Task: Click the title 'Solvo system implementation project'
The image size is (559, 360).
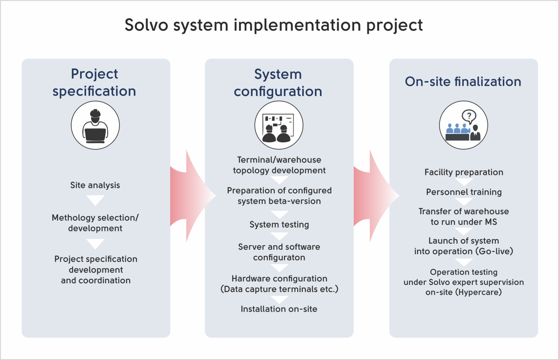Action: (x=274, y=25)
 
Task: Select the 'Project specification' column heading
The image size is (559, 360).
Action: (x=94, y=82)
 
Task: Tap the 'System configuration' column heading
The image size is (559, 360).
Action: (x=278, y=83)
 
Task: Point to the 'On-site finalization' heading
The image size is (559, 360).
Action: (x=463, y=82)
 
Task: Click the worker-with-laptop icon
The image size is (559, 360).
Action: (x=95, y=125)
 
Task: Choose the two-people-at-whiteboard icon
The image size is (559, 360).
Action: (x=279, y=125)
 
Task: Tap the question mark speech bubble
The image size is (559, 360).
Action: (x=469, y=117)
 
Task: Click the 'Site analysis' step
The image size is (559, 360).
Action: (x=95, y=185)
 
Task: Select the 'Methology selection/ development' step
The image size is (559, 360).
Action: (x=95, y=223)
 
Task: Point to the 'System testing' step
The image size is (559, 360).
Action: (x=279, y=224)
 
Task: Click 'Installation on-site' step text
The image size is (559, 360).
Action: (x=279, y=309)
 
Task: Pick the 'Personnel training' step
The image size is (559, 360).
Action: (x=464, y=192)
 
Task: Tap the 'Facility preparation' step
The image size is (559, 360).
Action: (x=464, y=172)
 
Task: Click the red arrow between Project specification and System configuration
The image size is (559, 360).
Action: (x=193, y=196)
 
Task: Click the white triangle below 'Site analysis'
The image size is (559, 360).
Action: (x=95, y=200)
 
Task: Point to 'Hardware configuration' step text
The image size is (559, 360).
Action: (x=279, y=279)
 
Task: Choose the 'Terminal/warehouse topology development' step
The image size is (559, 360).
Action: (x=279, y=165)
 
